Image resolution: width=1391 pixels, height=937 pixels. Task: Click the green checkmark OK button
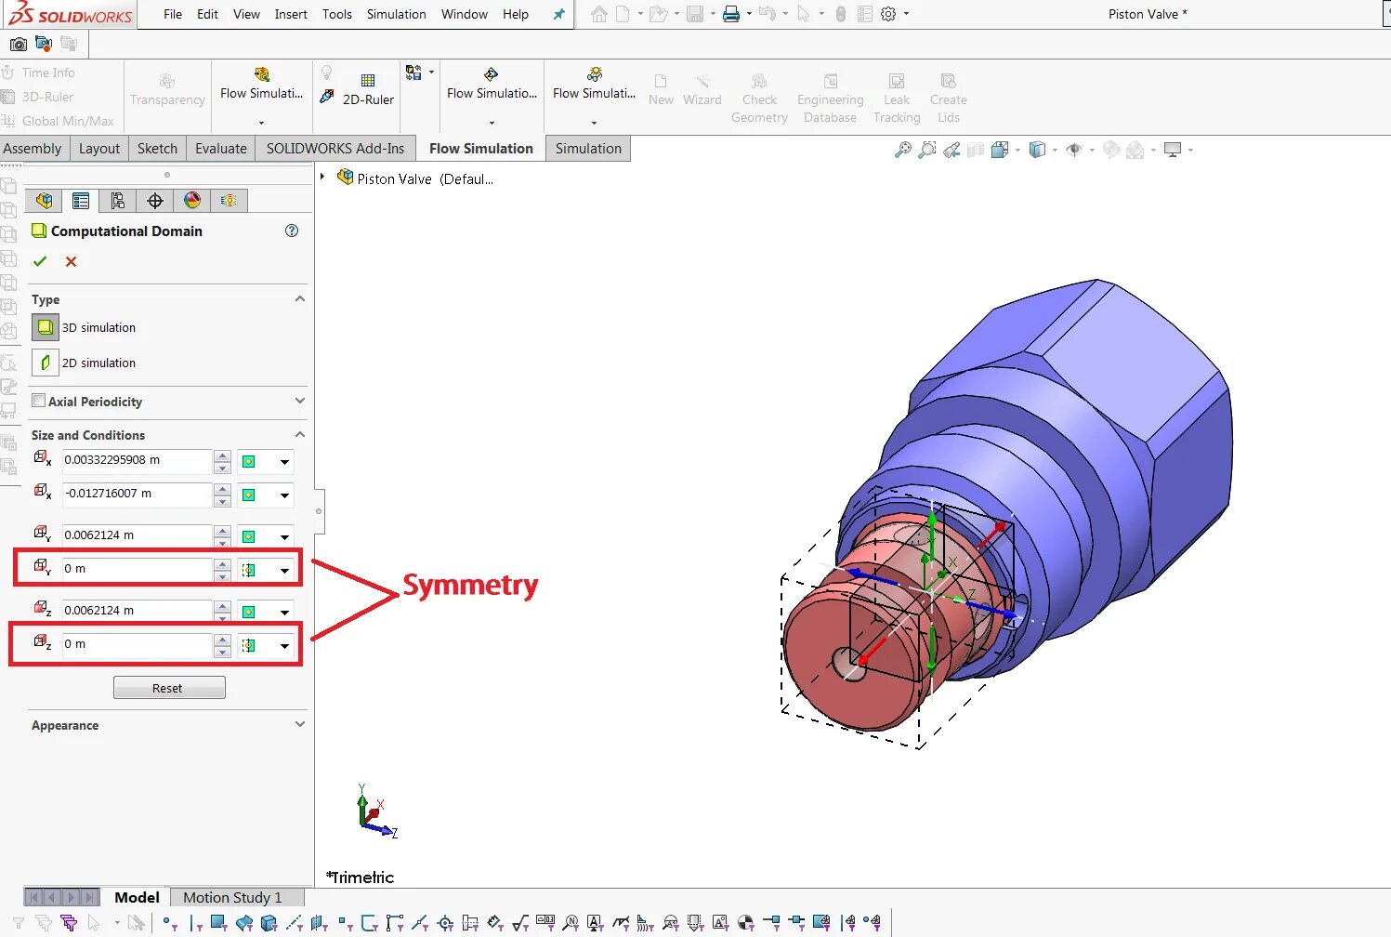click(x=39, y=261)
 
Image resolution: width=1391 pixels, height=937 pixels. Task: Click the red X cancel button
click(x=71, y=261)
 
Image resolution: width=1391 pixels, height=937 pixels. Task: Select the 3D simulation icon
click(x=45, y=327)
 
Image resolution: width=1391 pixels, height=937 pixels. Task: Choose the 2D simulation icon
click(x=45, y=363)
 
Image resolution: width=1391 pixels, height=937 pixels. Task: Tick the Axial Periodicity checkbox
click(x=39, y=401)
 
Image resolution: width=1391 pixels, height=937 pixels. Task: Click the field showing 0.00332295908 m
click(x=136, y=460)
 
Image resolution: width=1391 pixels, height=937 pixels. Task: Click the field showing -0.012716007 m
click(x=136, y=494)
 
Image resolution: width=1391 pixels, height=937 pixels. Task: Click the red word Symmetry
click(x=470, y=586)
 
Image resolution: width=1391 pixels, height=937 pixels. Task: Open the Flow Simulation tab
click(x=480, y=149)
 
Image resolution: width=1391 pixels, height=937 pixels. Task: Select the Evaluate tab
click(x=221, y=149)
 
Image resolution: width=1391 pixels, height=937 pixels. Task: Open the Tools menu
click(x=336, y=14)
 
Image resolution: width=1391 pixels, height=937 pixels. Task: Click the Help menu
click(x=515, y=14)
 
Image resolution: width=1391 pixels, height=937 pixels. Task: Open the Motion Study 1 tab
click(x=231, y=897)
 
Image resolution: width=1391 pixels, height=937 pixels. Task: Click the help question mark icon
click(x=292, y=231)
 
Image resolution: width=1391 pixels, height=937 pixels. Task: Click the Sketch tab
click(x=157, y=149)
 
